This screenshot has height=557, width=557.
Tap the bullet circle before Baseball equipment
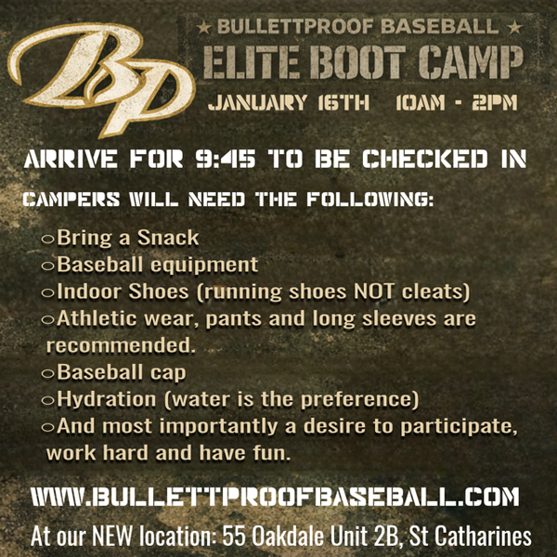(x=47, y=266)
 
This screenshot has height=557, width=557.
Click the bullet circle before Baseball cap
(x=47, y=373)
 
